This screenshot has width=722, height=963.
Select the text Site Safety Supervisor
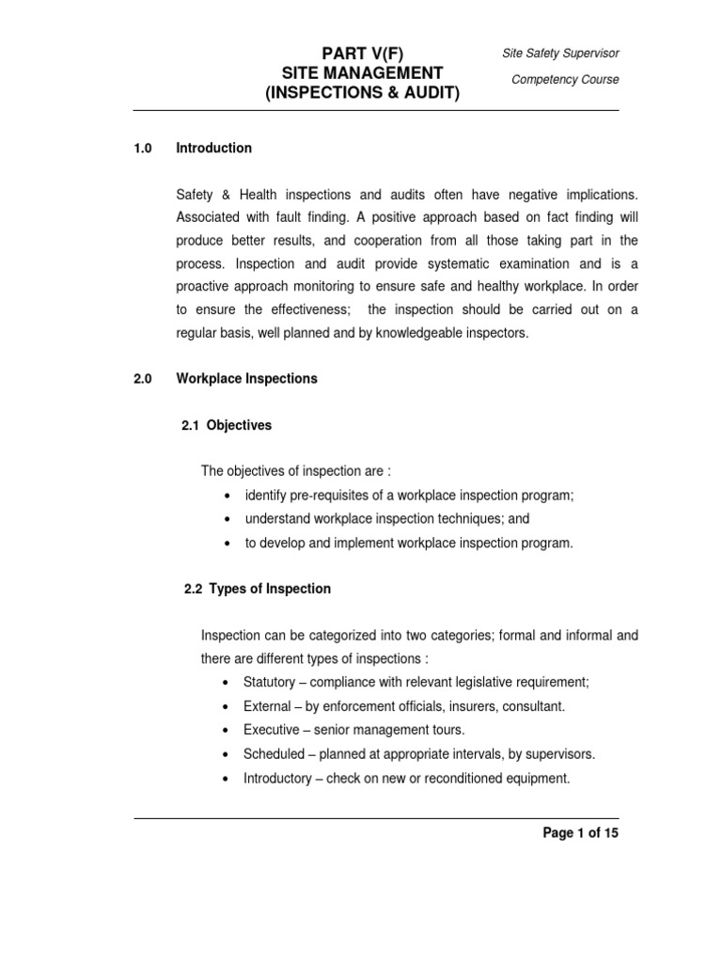(561, 54)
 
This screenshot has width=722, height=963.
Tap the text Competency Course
(565, 79)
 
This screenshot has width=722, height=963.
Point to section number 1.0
(143, 148)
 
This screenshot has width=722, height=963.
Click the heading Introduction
(214, 148)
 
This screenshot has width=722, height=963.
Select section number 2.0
(143, 379)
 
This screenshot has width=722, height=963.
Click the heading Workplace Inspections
(247, 379)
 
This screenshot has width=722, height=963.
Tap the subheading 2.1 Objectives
(227, 425)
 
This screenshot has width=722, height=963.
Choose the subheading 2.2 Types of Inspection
(257, 589)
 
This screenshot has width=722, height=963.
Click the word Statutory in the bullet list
(268, 682)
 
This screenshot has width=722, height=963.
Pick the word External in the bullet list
(266, 705)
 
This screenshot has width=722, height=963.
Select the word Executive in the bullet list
(270, 729)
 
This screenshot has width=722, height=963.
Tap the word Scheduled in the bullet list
(274, 753)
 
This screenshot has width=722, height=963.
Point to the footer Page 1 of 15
(580, 833)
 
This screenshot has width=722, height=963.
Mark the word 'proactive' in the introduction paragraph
(203, 287)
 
